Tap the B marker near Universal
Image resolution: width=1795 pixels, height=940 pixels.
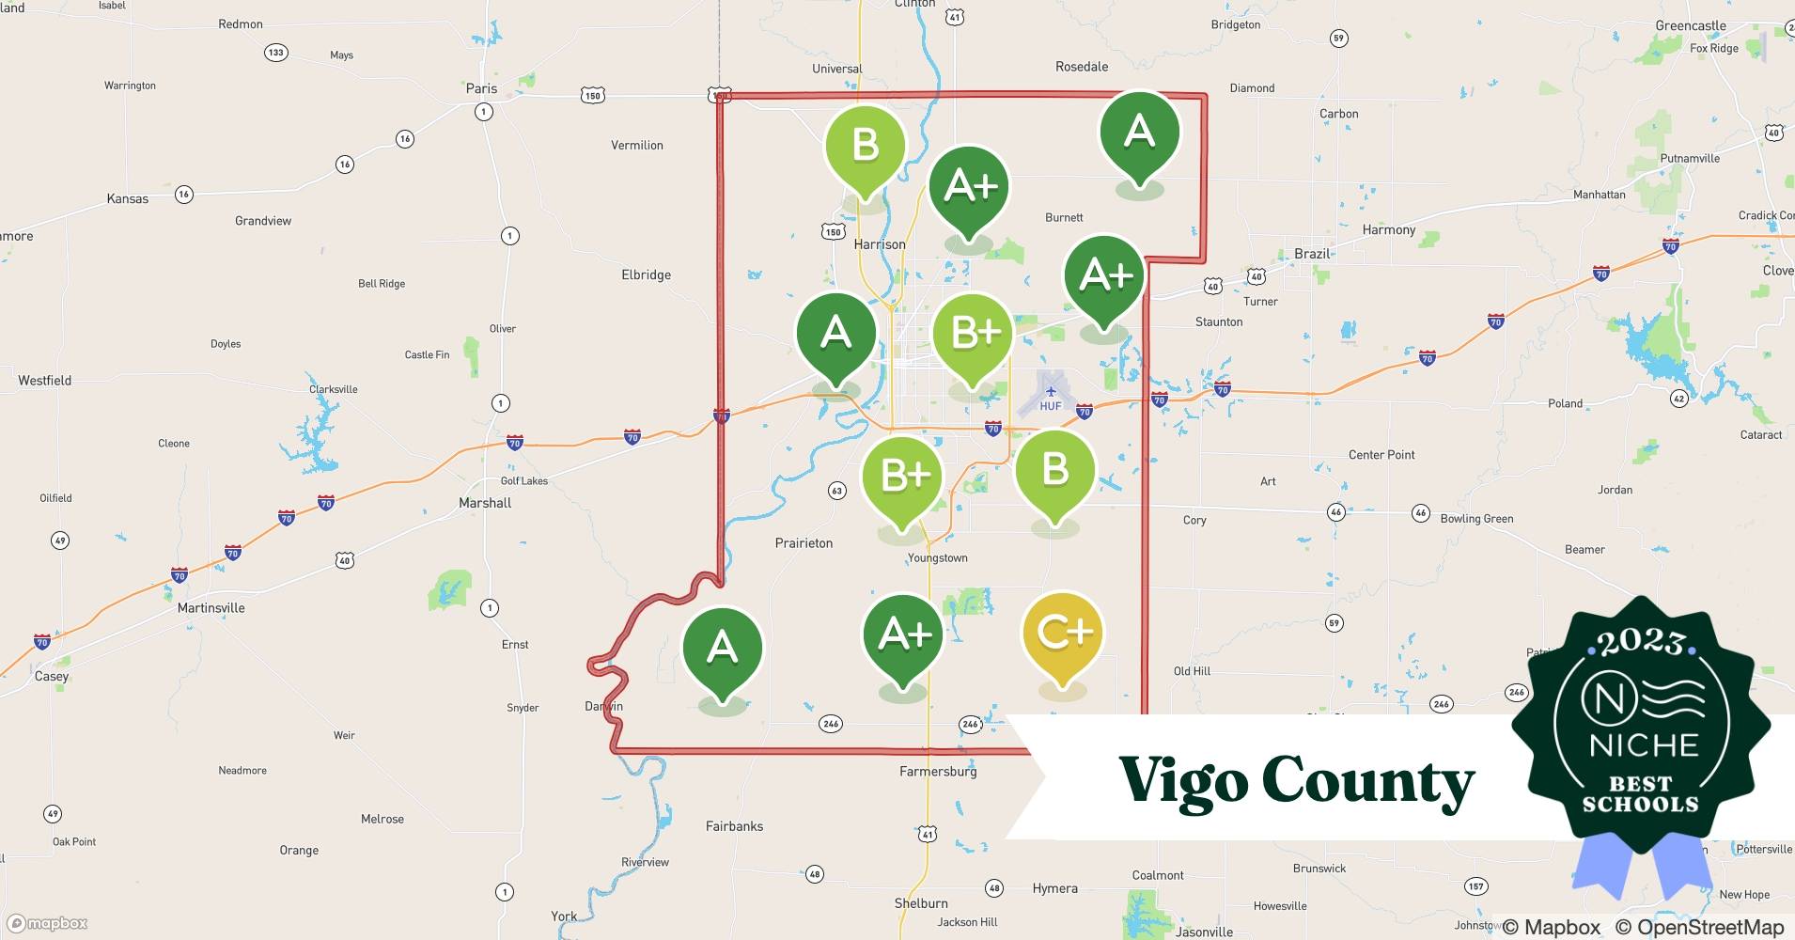pos(865,147)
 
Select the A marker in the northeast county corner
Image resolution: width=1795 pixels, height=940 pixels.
pos(1139,132)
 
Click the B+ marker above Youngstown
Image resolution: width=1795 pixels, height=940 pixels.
pos(903,478)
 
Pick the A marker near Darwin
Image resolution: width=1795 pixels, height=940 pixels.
pos(722,649)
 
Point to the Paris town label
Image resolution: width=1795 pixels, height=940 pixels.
pos(481,88)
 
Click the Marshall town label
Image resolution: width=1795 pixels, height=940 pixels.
pos(485,503)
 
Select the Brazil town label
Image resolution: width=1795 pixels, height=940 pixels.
pos(1312,254)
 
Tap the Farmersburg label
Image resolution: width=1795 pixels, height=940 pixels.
pos(938,772)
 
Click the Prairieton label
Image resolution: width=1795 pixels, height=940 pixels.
pos(804,543)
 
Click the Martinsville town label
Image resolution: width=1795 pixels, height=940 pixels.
pos(211,608)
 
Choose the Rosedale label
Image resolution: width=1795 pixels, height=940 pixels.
pos(1082,67)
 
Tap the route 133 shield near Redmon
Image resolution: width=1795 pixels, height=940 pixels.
pos(275,53)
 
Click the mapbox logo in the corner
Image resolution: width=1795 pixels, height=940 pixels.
pos(46,923)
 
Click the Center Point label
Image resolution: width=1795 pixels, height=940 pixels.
pos(1381,455)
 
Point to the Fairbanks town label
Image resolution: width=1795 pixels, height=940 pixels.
pos(734,826)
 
